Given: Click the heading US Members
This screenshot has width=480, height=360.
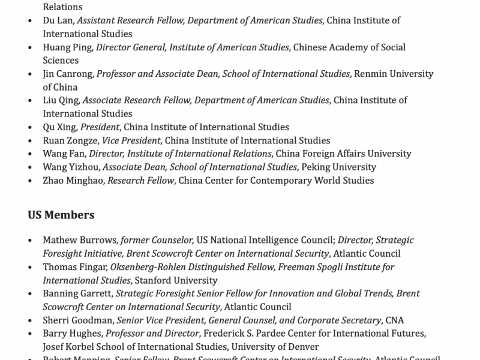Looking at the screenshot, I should tap(61, 215).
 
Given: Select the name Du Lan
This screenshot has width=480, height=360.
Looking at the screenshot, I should tap(58, 20).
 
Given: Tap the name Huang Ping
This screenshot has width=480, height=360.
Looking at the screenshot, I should tap(68, 47).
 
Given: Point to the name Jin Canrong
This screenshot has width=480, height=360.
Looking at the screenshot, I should tap(68, 74).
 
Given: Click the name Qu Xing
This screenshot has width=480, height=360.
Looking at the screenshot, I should tap(59, 127).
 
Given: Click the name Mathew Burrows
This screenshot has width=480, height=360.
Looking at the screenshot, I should tap(80, 240).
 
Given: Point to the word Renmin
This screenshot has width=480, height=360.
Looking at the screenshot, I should tap(370, 74).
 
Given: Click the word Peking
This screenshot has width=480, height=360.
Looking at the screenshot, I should tap(315, 167).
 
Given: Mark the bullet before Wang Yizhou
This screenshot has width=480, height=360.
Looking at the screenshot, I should tap(31, 167).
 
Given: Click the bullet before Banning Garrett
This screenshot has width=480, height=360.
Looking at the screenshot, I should tap(31, 294).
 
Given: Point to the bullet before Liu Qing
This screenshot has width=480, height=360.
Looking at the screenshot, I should tap(31, 101).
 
